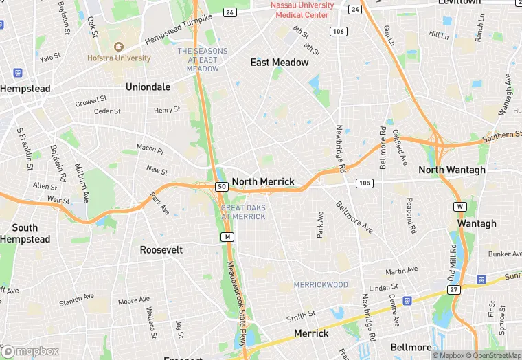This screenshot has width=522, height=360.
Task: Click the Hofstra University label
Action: [119, 58]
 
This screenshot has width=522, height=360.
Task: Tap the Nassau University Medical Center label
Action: [302, 10]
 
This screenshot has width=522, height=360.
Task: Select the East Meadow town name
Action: [279, 63]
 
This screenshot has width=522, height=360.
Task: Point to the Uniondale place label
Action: [147, 87]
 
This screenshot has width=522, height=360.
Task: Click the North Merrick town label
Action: [263, 182]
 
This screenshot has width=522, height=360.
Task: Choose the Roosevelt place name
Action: [161, 250]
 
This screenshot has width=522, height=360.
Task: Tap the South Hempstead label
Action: [25, 234]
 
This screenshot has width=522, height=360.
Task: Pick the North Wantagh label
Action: [451, 170]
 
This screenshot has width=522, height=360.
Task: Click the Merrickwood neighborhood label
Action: [321, 284]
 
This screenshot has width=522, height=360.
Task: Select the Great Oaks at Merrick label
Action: [243, 212]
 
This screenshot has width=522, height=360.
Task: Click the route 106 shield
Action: [337, 31]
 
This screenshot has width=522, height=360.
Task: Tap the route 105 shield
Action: [364, 183]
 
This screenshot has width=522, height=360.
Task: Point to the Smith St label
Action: [300, 316]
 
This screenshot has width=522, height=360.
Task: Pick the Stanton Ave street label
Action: [76, 300]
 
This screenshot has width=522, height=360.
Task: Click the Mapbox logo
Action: [32, 351]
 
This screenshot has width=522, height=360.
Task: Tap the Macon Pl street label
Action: [150, 148]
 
